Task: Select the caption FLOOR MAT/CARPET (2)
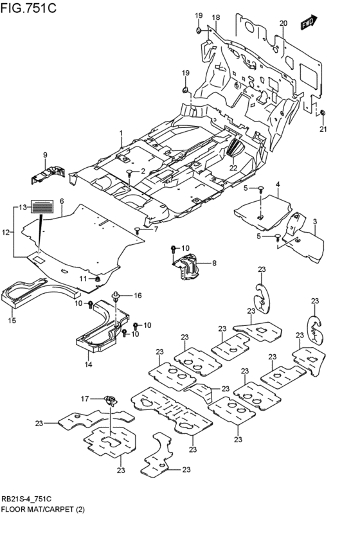pos(42,509)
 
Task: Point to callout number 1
pos(120,133)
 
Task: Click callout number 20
pos(283,24)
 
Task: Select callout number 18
pos(216,17)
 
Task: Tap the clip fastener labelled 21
pos(323,114)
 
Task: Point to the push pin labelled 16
pos(116,296)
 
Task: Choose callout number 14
pos(89,364)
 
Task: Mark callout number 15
pos(12,320)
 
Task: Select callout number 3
pos(316,222)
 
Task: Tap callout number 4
pos(278,185)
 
